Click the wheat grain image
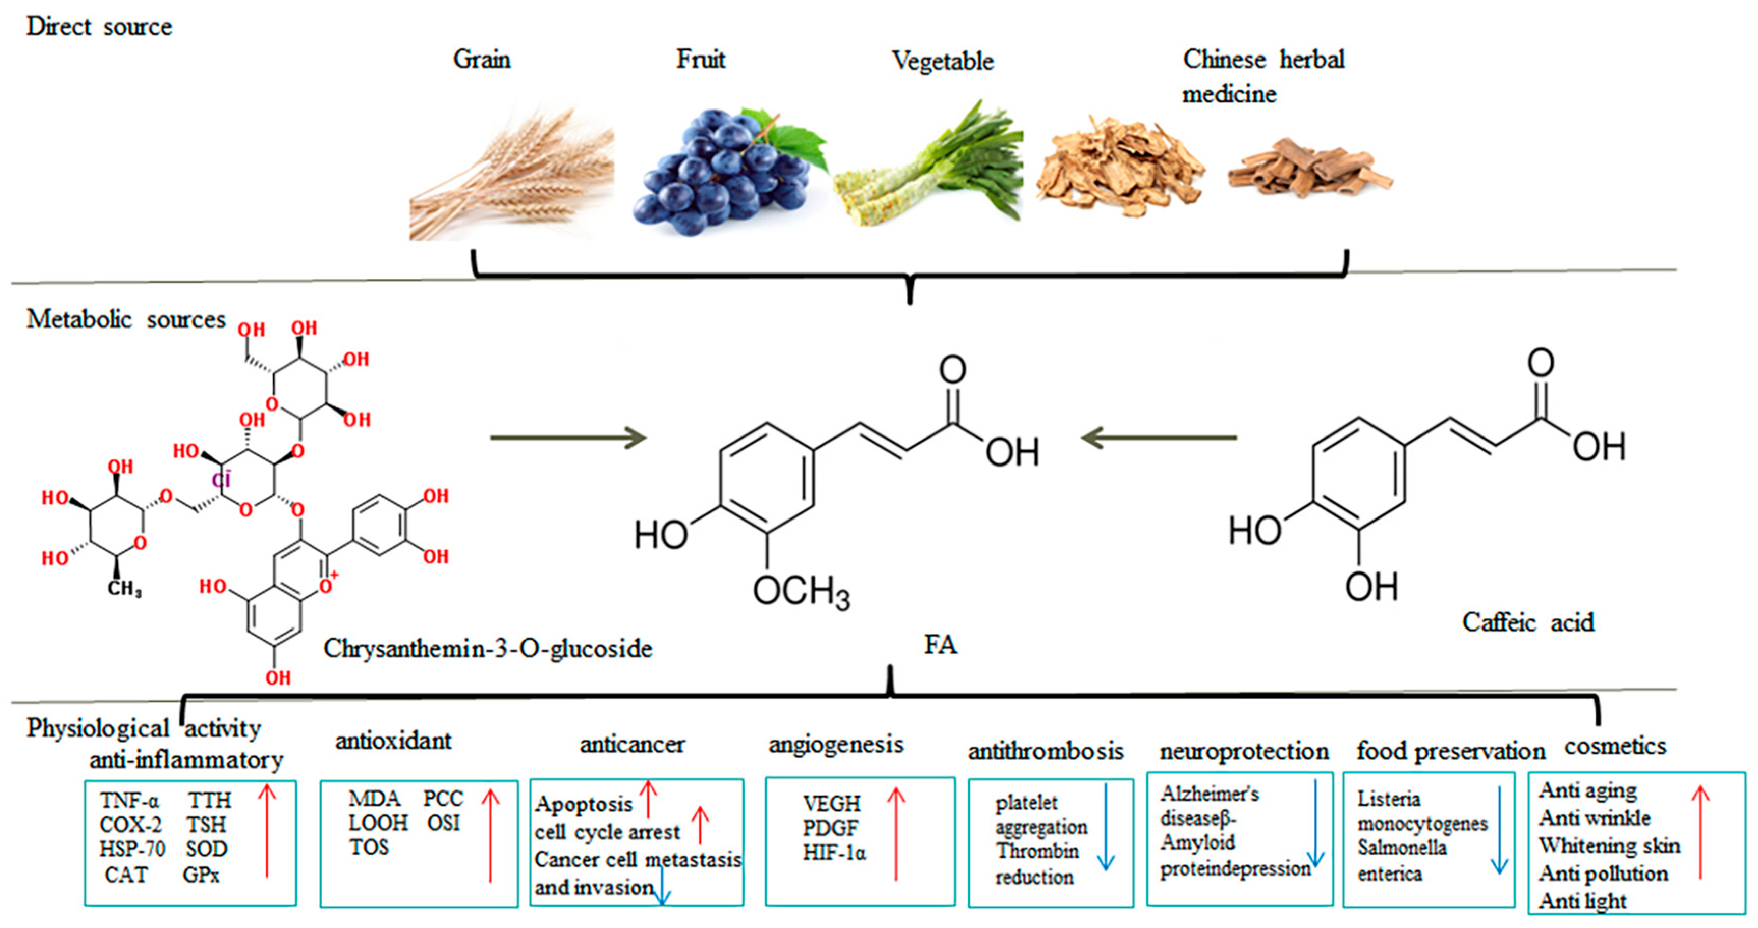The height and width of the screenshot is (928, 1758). click(x=512, y=177)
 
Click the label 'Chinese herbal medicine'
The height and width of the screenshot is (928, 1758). click(x=1262, y=75)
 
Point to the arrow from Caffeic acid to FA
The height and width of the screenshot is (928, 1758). click(x=1160, y=438)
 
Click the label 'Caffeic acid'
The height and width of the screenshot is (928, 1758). click(x=1527, y=622)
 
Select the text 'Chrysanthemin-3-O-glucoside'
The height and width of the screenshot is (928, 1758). click(x=487, y=648)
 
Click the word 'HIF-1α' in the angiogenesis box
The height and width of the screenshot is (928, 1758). click(x=834, y=853)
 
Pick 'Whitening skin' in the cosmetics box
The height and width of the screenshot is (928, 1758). click(x=1609, y=845)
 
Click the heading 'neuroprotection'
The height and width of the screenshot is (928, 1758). click(x=1244, y=751)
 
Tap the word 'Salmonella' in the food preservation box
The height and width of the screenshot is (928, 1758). click(x=1402, y=848)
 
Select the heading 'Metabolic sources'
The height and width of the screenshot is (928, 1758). click(x=126, y=319)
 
